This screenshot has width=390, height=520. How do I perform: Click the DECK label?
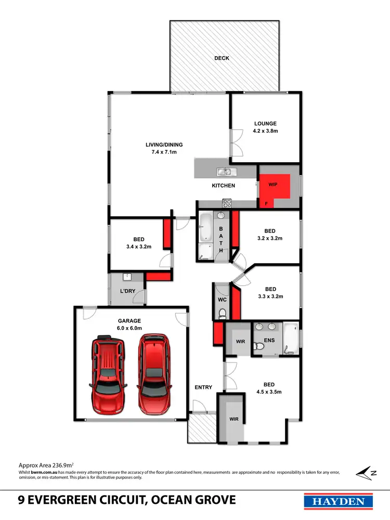(222, 58)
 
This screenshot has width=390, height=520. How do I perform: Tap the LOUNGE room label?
(266, 124)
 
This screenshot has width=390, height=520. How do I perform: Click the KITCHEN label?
(224, 186)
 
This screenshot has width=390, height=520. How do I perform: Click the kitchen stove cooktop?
(227, 203)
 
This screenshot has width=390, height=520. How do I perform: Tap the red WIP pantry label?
(273, 185)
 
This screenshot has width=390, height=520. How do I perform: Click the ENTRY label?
(203, 387)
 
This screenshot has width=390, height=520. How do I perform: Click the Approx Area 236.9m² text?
(46, 465)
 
